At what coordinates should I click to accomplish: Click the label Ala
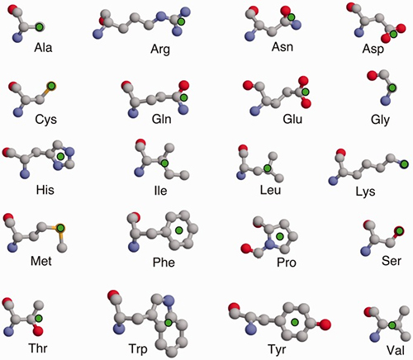click(x=45, y=49)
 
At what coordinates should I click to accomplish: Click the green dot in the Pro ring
click(x=282, y=237)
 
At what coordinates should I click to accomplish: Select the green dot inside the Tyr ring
click(x=293, y=321)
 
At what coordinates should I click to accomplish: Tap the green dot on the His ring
click(x=60, y=155)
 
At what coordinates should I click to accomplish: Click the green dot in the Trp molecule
click(x=169, y=322)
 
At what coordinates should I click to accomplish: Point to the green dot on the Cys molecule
click(x=49, y=84)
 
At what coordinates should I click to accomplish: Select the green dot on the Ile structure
click(x=165, y=165)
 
